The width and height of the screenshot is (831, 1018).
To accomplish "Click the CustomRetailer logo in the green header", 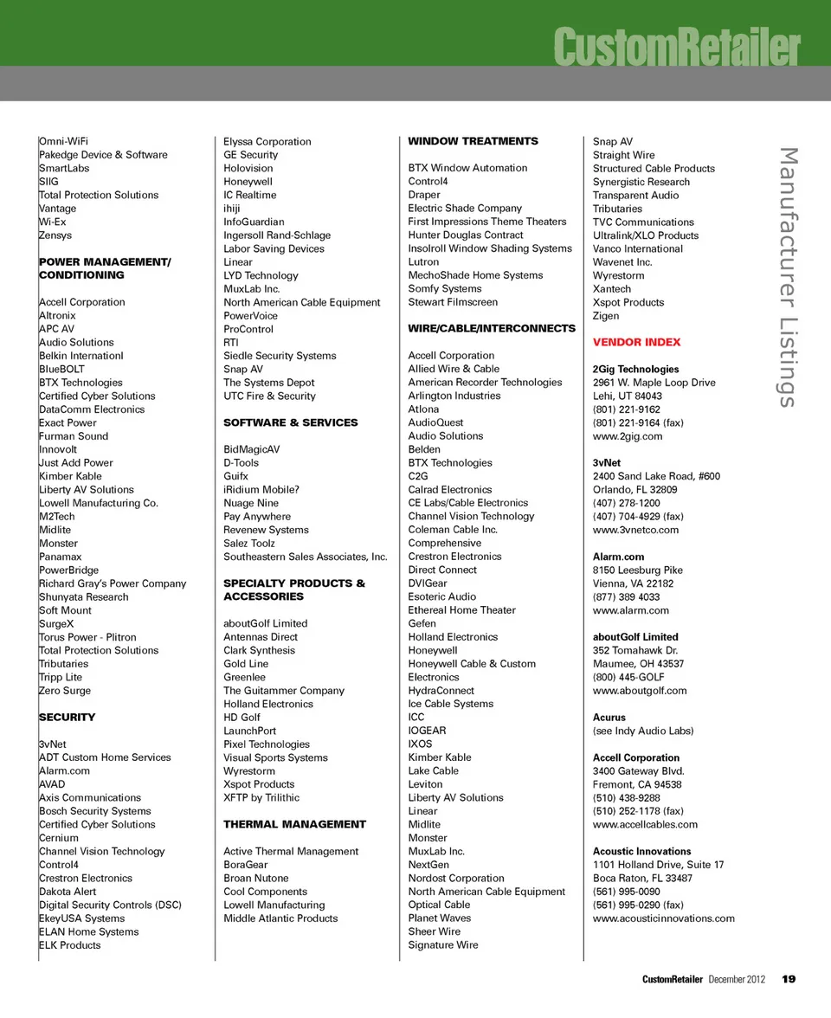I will pyautogui.click(x=676, y=47).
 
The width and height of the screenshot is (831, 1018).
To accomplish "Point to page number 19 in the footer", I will pyautogui.click(x=788, y=979).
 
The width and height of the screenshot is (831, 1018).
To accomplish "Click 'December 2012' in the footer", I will pyautogui.click(x=737, y=979).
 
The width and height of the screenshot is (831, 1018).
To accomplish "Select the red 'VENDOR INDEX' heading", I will pyautogui.click(x=636, y=342).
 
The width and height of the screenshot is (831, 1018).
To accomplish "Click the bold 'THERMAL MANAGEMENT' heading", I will pyautogui.click(x=294, y=824).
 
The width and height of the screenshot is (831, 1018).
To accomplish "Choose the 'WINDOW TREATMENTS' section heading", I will pyautogui.click(x=473, y=141).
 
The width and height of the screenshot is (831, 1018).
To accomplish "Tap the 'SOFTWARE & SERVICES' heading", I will pyautogui.click(x=290, y=422).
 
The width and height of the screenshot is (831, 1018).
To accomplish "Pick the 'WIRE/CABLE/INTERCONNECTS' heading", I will pyautogui.click(x=491, y=329).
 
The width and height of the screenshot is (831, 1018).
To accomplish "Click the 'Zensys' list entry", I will pyautogui.click(x=55, y=235).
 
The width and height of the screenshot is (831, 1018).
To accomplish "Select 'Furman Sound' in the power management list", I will pyautogui.click(x=74, y=436).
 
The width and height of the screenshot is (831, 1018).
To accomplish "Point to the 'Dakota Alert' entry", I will pyautogui.click(x=68, y=892).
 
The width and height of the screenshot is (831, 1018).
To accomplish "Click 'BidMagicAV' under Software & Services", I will pyautogui.click(x=252, y=449).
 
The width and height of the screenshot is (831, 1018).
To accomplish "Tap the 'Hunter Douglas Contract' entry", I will pyautogui.click(x=466, y=235).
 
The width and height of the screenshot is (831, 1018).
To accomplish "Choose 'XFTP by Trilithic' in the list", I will pyautogui.click(x=261, y=797).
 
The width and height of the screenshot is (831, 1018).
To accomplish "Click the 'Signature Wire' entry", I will pyautogui.click(x=442, y=945).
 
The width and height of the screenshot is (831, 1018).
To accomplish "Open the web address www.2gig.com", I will pyautogui.click(x=627, y=436).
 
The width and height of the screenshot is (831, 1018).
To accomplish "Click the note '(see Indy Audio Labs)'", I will pyautogui.click(x=642, y=731).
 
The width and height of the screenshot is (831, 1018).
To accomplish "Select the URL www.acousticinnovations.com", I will pyautogui.click(x=663, y=918).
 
